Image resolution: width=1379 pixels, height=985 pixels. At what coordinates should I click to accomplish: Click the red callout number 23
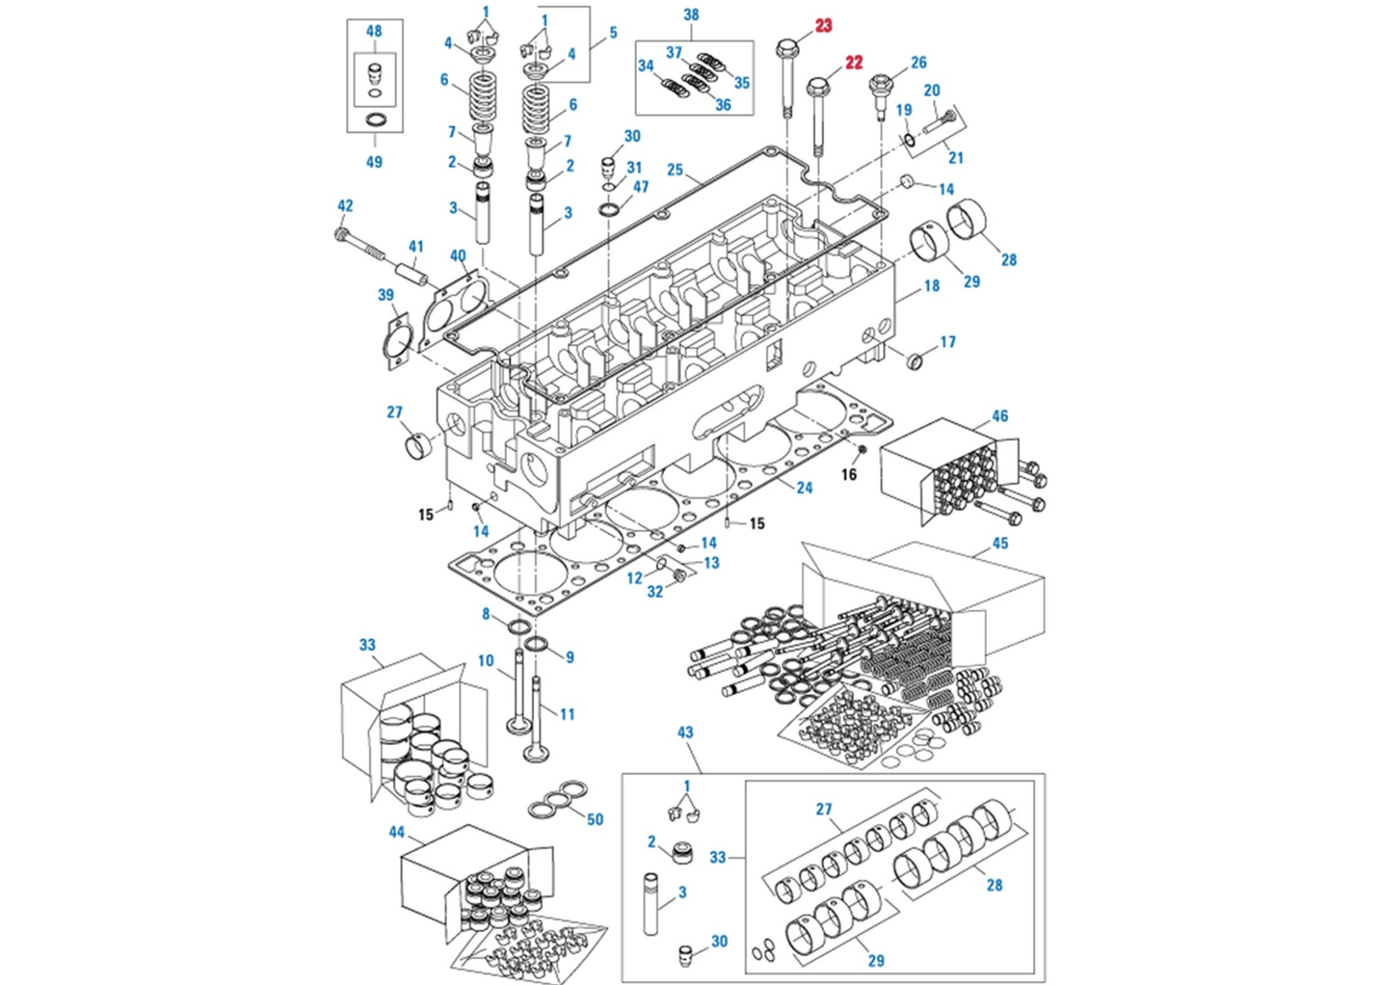pyautogui.click(x=823, y=26)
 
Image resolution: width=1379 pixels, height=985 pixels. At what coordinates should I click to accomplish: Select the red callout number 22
pyautogui.click(x=853, y=63)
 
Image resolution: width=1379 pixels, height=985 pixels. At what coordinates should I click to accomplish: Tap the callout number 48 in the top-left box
pyautogui.click(x=374, y=31)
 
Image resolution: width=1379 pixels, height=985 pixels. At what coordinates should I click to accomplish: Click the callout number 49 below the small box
pyautogui.click(x=374, y=162)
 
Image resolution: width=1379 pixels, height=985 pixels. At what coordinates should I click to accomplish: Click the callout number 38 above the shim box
pyautogui.click(x=690, y=15)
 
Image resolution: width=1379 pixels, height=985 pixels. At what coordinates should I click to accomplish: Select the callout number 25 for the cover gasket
pyautogui.click(x=675, y=170)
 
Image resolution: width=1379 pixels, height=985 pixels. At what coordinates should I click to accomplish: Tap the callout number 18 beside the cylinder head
pyautogui.click(x=932, y=286)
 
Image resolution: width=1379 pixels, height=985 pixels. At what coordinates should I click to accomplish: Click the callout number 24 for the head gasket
pyautogui.click(x=804, y=488)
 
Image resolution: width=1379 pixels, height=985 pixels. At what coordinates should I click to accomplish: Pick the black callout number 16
pyautogui.click(x=849, y=475)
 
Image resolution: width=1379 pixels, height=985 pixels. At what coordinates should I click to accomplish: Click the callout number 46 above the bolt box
pyautogui.click(x=999, y=416)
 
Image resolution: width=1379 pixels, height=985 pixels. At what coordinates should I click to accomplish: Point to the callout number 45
pyautogui.click(x=1000, y=544)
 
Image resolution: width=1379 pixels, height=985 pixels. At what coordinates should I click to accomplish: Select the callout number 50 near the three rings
pyautogui.click(x=595, y=820)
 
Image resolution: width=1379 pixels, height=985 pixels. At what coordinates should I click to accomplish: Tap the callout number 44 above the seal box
pyautogui.click(x=396, y=832)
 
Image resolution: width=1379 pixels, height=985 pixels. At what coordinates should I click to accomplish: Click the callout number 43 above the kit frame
pyautogui.click(x=684, y=733)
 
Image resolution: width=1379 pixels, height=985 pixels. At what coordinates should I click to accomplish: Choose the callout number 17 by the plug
pyautogui.click(x=947, y=342)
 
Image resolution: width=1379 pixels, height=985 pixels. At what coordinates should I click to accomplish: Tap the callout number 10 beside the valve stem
pyautogui.click(x=486, y=661)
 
